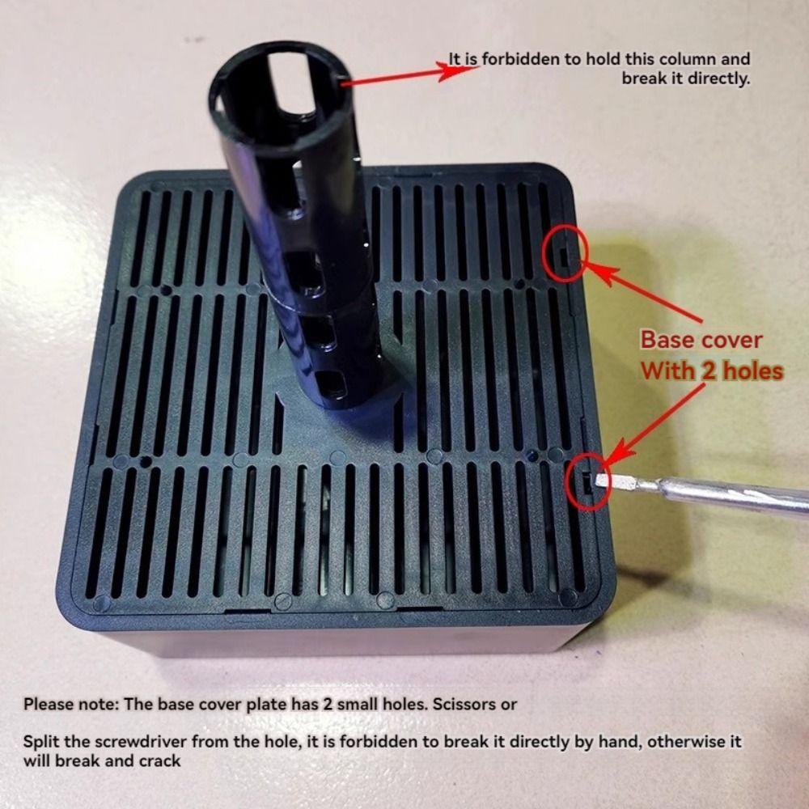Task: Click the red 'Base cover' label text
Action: (x=701, y=340)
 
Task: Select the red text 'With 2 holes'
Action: (x=712, y=371)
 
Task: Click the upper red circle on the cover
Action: (x=566, y=252)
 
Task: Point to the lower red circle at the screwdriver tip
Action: (x=590, y=482)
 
